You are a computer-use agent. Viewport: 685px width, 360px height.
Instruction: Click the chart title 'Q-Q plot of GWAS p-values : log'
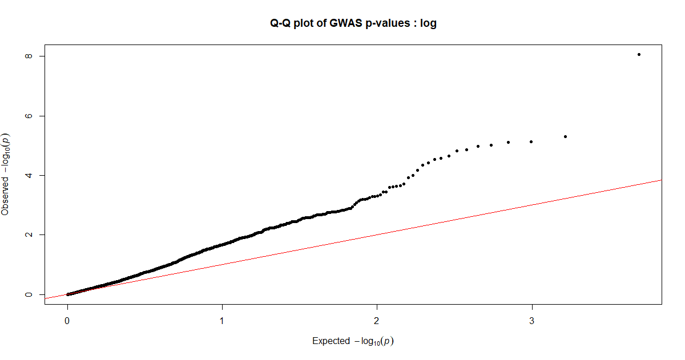coord(353,23)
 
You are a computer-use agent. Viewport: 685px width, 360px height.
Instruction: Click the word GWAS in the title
coord(346,23)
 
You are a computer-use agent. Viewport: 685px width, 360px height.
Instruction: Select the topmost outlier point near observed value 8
coord(639,55)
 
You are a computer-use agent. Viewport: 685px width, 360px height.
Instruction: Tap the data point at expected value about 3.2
coord(565,136)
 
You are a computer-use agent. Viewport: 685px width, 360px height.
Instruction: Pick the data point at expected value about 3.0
coord(531,141)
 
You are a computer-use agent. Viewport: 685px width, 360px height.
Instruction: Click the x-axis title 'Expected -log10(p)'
coord(353,341)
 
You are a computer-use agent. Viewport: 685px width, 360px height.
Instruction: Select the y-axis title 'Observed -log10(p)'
coord(6,174)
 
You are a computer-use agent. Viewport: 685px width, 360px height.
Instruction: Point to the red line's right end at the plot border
coord(661,180)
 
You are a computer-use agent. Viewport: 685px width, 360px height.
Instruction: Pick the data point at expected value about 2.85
coord(508,142)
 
